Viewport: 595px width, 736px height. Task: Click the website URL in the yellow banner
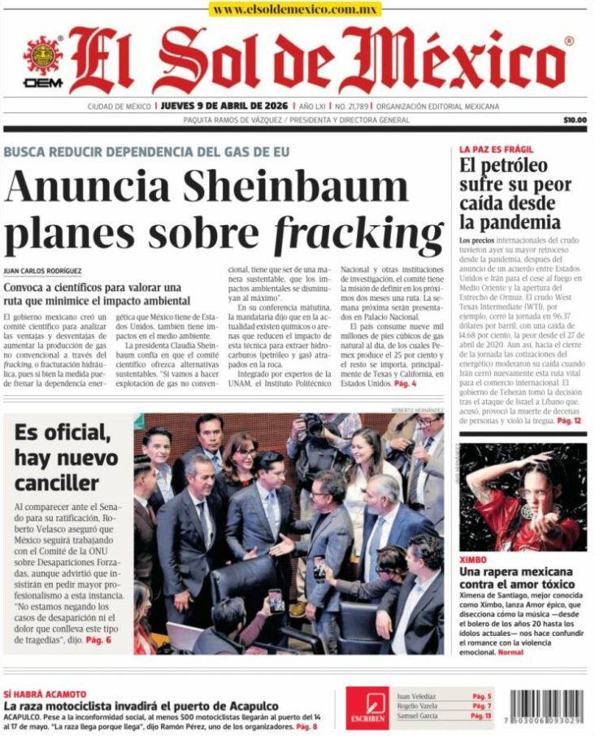pyautogui.click(x=297, y=9)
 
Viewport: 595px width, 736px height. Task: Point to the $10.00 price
pyautogui.click(x=575, y=120)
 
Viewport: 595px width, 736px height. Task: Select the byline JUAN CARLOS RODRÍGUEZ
pyautogui.click(x=42, y=271)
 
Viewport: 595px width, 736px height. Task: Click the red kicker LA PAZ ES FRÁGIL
pyautogui.click(x=496, y=150)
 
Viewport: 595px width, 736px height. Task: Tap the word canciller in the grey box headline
pyautogui.click(x=57, y=481)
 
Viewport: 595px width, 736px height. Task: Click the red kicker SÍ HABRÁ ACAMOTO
pyautogui.click(x=45, y=694)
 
